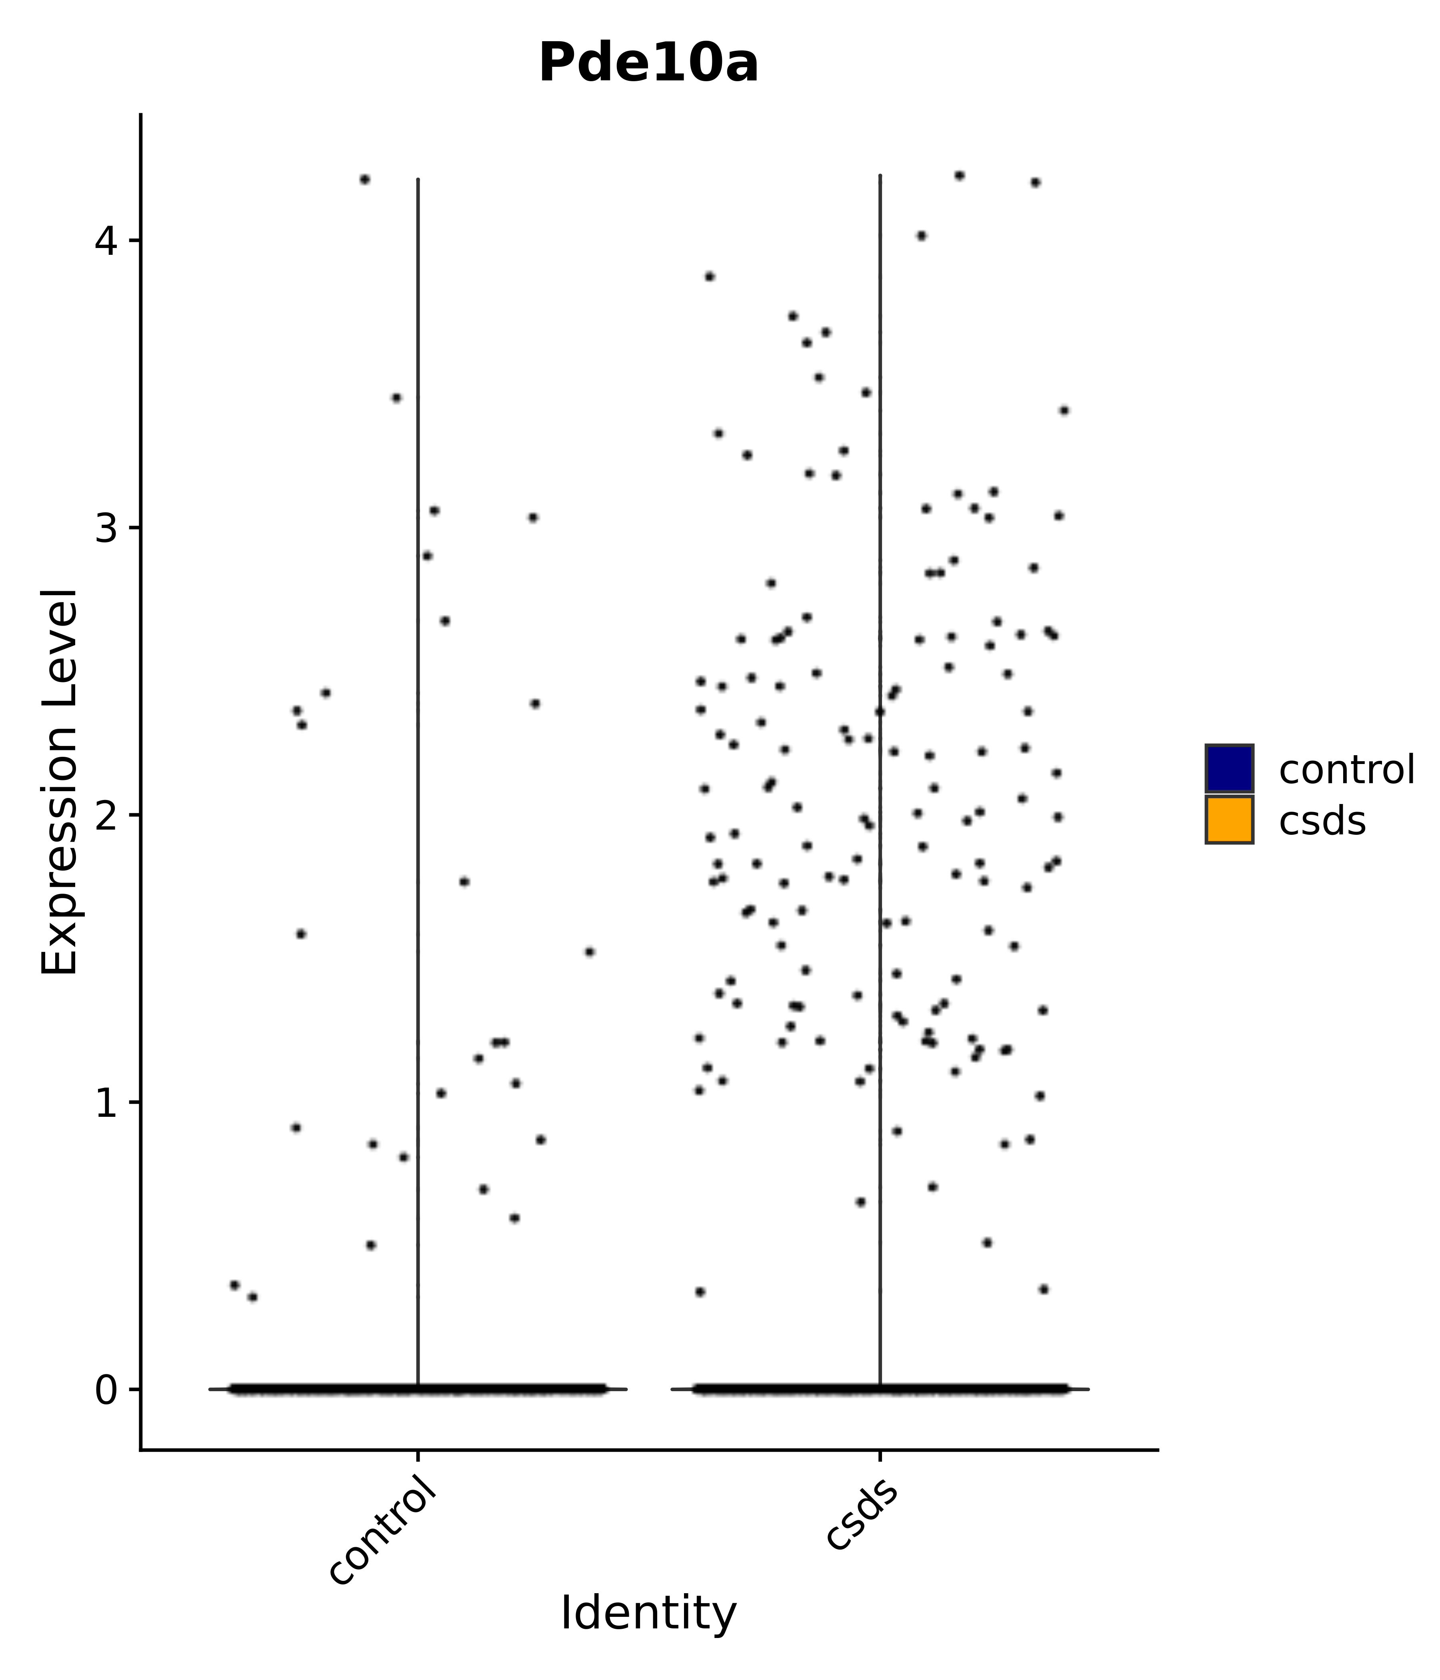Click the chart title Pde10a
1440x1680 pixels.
pyautogui.click(x=648, y=64)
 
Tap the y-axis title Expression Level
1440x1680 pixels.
pyautogui.click(x=60, y=782)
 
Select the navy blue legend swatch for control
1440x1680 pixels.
pyautogui.click(x=1228, y=768)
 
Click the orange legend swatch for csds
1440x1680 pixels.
pyautogui.click(x=1228, y=820)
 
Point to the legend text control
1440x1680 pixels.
pyautogui.click(x=1346, y=770)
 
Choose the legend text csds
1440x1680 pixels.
pyautogui.click(x=1322, y=821)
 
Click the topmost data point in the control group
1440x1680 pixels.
pyautogui.click(x=365, y=179)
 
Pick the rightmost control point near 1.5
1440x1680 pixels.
pyautogui.click(x=590, y=952)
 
